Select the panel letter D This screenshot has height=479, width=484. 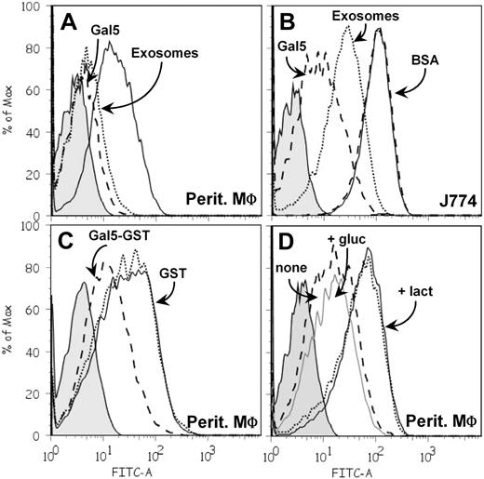click(x=288, y=244)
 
